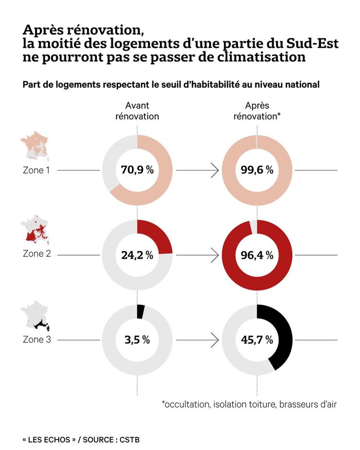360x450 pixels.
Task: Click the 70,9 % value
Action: pos(137,170)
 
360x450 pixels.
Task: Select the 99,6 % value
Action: pos(257,170)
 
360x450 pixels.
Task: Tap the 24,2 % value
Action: pos(137,255)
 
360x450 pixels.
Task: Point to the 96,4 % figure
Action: pos(257,255)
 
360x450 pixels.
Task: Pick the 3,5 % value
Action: pos(137,340)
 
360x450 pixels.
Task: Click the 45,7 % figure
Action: pos(257,340)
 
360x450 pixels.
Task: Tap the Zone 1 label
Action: pos(36,170)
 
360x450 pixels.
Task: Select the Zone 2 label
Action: pos(37,254)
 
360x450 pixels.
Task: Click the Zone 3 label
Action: pos(37,340)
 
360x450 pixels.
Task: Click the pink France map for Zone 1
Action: pos(35,146)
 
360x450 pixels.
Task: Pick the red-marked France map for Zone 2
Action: pos(35,230)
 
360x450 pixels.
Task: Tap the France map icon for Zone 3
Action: pos(35,316)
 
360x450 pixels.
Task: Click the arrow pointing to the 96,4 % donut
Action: pos(197,255)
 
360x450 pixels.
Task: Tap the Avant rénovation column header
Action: pos(137,111)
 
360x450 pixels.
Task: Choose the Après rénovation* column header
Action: pos(257,111)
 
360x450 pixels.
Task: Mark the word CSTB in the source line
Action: pos(130,439)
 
